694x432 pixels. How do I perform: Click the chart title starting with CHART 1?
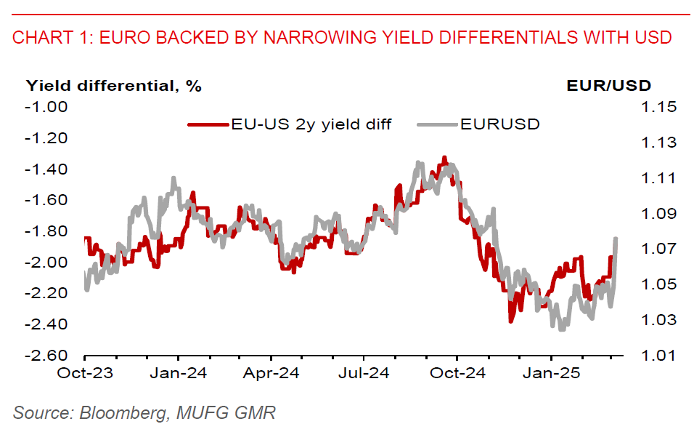(x=342, y=37)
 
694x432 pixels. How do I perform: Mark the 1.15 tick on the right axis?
(x=658, y=107)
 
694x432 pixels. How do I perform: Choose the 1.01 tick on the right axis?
(x=658, y=356)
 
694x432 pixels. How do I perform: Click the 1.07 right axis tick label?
(x=658, y=249)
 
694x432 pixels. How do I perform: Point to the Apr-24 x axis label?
(x=270, y=374)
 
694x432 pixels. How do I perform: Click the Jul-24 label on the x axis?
(x=363, y=374)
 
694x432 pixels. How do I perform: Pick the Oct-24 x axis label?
(x=457, y=374)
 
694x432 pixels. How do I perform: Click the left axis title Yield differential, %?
(x=114, y=86)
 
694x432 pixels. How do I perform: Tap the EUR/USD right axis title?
(x=608, y=86)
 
